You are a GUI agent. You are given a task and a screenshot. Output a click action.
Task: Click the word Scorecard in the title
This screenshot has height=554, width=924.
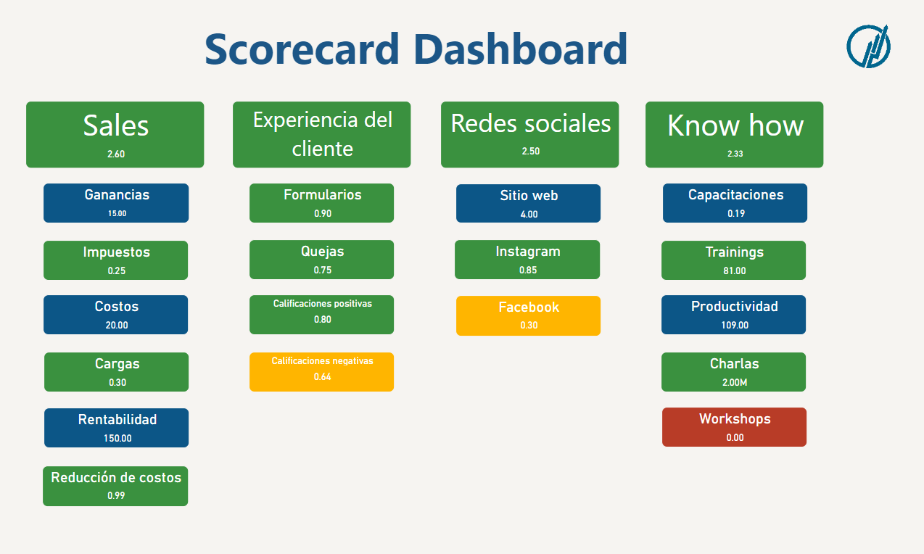[x=302, y=49]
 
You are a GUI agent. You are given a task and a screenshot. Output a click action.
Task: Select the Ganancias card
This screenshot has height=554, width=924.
[x=116, y=203]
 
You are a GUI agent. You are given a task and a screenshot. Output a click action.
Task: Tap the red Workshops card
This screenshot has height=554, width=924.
[x=734, y=427]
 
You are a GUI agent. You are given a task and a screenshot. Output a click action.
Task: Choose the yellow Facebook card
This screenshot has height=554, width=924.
[x=528, y=315]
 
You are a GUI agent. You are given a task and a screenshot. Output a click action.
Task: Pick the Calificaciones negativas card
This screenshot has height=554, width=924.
[x=322, y=372]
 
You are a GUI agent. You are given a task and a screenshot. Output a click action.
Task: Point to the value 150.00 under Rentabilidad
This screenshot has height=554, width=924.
[x=117, y=438]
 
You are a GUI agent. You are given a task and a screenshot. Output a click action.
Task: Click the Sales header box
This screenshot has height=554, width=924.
[x=115, y=134]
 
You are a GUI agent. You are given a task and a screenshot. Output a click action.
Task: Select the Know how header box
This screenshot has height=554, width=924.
[x=734, y=134]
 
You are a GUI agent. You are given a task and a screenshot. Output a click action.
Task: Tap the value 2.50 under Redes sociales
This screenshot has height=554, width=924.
[x=530, y=151]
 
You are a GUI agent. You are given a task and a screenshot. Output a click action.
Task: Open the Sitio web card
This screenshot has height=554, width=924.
[x=528, y=203]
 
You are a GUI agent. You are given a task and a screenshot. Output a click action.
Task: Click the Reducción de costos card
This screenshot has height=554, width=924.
[x=115, y=486]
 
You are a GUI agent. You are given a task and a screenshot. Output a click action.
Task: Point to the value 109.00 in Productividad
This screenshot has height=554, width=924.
[x=735, y=325]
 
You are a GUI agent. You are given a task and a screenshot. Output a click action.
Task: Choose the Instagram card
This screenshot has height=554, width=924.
[x=527, y=260]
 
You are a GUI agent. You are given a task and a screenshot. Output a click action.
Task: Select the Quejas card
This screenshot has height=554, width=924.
[x=322, y=260]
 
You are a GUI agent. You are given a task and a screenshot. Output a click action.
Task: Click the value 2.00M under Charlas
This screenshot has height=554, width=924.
[x=735, y=382]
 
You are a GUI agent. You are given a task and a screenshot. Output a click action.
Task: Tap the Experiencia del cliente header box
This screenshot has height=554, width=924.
[x=322, y=134]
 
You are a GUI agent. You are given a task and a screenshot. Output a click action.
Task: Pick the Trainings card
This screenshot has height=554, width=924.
[x=733, y=260]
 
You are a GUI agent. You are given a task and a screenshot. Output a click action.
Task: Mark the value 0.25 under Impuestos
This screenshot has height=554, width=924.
[x=117, y=270]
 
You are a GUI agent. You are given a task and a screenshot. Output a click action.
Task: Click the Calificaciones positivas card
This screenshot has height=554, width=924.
[x=322, y=314]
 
